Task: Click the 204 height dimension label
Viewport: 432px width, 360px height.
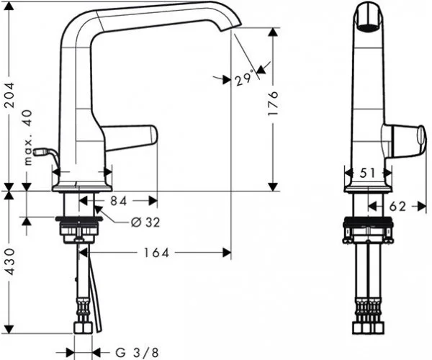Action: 9,95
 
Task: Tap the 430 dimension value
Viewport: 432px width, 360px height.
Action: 10,261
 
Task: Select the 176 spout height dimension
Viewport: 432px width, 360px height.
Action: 273,103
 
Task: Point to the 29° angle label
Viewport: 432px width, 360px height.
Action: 244,78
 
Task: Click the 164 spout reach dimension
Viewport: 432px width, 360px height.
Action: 156,253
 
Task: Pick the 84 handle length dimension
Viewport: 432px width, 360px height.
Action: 119,201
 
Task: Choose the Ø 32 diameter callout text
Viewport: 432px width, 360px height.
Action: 145,222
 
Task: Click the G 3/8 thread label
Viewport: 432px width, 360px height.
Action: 137,353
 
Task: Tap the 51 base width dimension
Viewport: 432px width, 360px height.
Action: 367,174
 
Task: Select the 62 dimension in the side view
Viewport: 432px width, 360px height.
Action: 397,207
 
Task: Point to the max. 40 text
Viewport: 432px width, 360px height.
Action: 28,138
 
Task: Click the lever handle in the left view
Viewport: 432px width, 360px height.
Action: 129,137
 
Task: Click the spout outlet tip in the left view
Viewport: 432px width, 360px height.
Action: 231,27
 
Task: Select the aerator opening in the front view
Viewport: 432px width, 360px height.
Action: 367,28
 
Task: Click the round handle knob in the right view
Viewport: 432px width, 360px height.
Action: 421,137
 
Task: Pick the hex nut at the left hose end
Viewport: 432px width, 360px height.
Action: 83,328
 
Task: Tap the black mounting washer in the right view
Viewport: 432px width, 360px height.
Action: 367,222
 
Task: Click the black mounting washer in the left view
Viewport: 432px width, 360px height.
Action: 79,219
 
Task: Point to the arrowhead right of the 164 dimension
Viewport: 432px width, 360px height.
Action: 227,253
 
